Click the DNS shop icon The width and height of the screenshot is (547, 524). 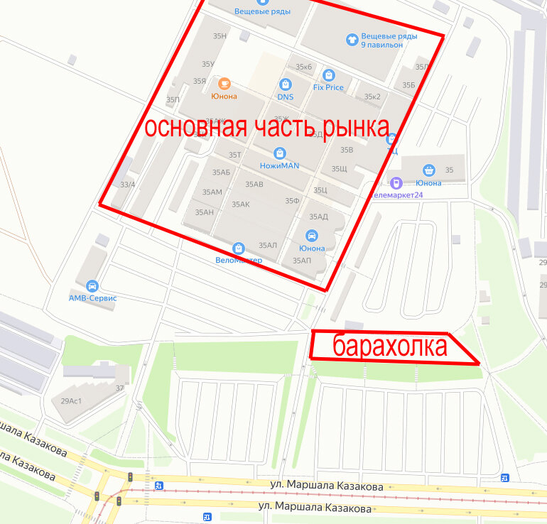pos(286,84)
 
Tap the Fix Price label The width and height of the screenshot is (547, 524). pos(328,87)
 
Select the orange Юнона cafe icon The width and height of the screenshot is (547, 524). pos(224,84)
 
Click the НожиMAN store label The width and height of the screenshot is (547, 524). pos(279,165)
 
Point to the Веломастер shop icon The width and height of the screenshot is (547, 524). pos(238,249)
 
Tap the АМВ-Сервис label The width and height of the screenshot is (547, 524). pos(92,298)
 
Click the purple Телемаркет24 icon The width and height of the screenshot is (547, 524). pos(397,183)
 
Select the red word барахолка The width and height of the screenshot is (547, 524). pos(390,346)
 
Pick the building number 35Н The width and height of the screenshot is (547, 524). pos(220,36)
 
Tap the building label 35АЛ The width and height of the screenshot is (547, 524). pos(268,245)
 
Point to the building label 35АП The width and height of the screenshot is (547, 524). pos(302,261)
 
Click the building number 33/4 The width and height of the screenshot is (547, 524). pos(128,185)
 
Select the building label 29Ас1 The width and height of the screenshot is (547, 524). pos(67,401)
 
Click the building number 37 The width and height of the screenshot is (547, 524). pos(119,388)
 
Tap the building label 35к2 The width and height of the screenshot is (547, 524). pos(372,97)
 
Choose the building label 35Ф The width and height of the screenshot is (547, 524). pos(292,201)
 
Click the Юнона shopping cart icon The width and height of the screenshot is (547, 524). pos(429,170)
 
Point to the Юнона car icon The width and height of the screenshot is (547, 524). pos(311,236)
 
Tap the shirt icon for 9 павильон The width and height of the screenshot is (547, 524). pos(351,40)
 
